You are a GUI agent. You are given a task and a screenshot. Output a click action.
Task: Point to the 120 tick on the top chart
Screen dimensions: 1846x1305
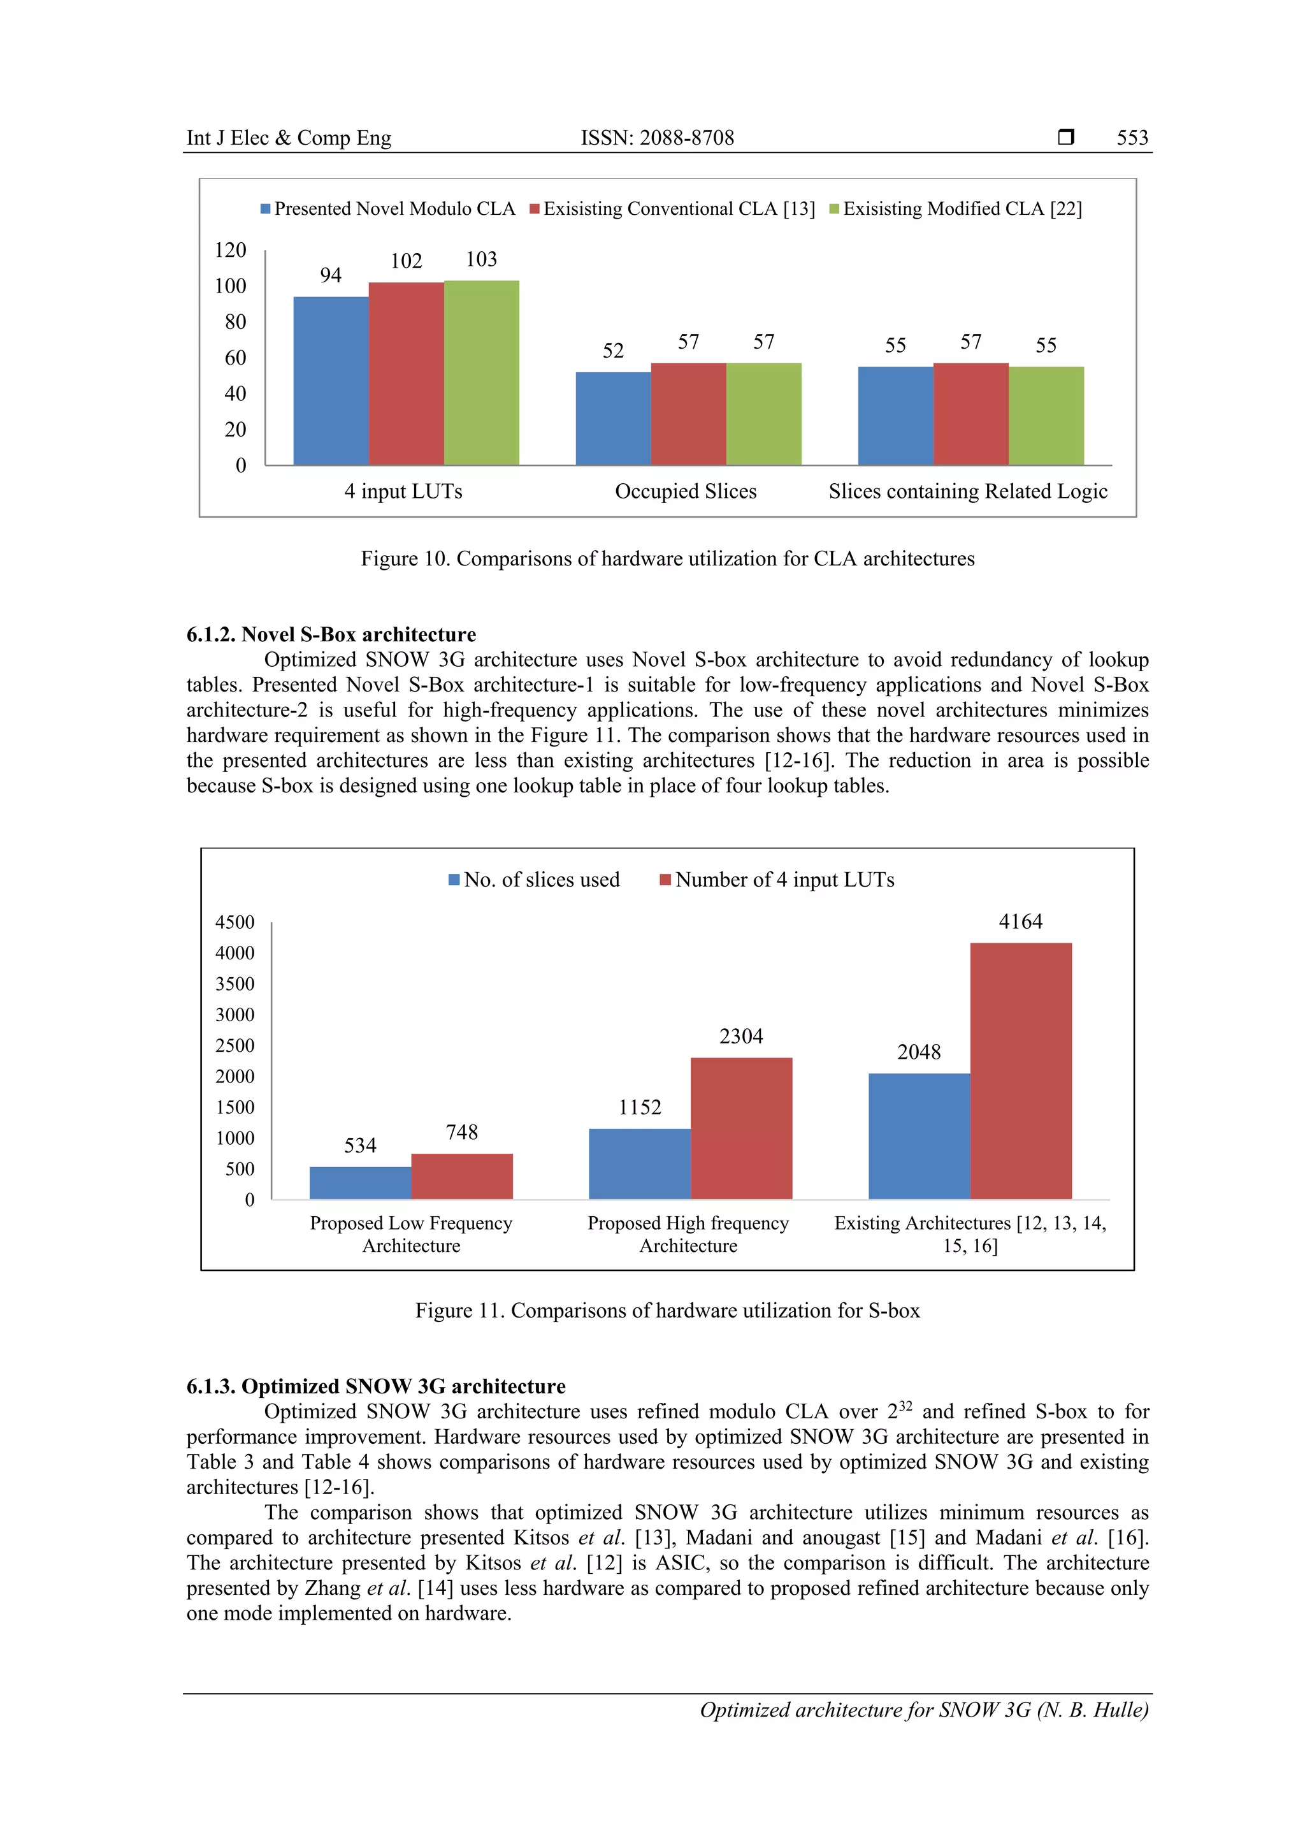(x=230, y=250)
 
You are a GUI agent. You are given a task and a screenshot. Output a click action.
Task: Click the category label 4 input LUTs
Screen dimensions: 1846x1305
(x=403, y=491)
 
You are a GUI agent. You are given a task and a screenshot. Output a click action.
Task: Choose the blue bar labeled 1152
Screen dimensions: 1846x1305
(x=640, y=1163)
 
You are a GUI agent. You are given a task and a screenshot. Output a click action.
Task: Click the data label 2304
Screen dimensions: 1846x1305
(x=741, y=1036)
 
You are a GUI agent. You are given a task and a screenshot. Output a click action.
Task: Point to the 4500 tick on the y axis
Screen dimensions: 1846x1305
(x=234, y=922)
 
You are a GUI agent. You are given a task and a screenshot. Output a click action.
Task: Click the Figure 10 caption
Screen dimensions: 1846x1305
(x=667, y=559)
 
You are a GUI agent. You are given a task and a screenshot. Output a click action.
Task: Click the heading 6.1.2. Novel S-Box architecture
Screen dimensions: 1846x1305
(x=331, y=634)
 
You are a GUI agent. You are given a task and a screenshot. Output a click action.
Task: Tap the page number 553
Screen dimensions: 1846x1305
(x=1132, y=138)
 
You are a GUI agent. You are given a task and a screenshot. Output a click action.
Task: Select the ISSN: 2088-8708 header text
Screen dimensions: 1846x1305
(x=658, y=138)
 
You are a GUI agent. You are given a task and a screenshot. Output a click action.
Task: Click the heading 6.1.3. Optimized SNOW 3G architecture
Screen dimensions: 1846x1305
(x=376, y=1386)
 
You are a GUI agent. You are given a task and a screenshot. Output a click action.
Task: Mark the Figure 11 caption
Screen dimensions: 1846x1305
(x=667, y=1311)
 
